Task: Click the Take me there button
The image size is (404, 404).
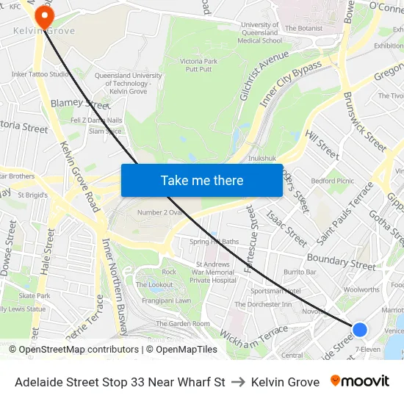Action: pos(202,180)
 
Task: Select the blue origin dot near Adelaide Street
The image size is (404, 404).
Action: pos(359,330)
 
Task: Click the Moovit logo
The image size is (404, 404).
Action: pos(360,381)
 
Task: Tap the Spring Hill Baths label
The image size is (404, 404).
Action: pos(214,242)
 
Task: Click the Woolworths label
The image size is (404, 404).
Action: pos(361,290)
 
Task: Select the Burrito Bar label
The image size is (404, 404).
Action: pos(300,272)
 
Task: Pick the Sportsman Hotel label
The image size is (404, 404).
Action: pos(275,291)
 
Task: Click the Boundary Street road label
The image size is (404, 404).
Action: pos(342,260)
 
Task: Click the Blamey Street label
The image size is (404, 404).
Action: pos(80,104)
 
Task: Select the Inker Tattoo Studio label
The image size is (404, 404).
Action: pos(40,73)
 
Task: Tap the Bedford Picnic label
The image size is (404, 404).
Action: pos(333,181)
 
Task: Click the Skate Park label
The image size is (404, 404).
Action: pos(35,295)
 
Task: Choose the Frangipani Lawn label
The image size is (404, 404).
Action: pos(162,300)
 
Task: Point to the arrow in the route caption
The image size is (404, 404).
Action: pos(238,382)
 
